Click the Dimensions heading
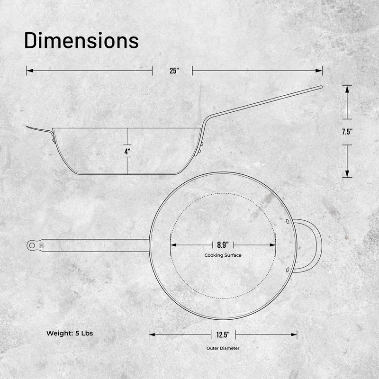[81, 41]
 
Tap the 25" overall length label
[174, 71]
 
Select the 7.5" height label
[347, 132]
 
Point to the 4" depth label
[127, 152]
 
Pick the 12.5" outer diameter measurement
[223, 335]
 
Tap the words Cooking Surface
[223, 255]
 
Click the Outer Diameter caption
[223, 348]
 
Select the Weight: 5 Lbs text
[70, 333]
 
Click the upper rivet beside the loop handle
[287, 221]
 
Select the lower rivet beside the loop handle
[287, 270]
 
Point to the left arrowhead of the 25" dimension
[29, 71]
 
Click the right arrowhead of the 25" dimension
[320, 71]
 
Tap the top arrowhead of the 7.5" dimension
[347, 89]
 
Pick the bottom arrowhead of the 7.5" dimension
[347, 174]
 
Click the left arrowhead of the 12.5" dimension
[152, 335]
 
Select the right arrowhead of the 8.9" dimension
[273, 245]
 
